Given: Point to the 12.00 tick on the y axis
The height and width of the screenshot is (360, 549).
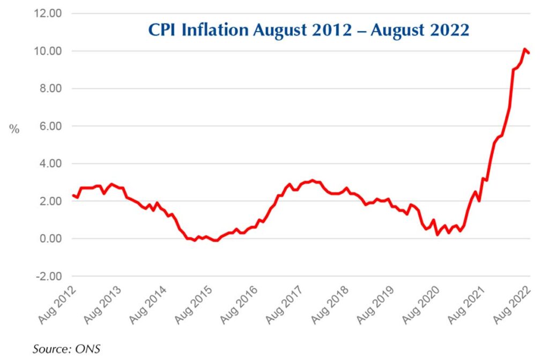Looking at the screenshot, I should (48, 13).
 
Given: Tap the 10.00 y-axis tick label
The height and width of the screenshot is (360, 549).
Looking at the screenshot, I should (48, 51).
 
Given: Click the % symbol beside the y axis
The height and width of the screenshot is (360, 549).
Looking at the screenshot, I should (14, 129).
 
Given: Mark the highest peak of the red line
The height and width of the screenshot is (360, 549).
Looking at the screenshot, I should (524, 49).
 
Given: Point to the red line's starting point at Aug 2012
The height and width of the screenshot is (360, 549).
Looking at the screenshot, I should (72, 195).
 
